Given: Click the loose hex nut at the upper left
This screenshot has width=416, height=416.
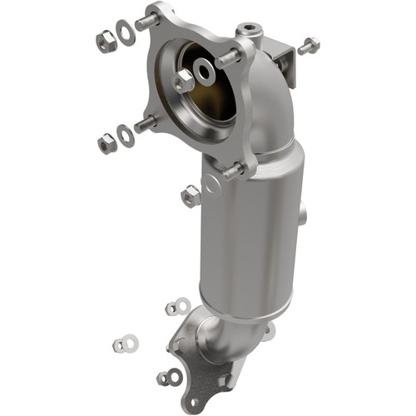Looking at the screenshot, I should pyautogui.click(x=106, y=41).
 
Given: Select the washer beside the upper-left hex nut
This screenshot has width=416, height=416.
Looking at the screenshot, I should pyautogui.click(x=126, y=33).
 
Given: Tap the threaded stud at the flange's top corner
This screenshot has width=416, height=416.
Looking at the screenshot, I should pyautogui.click(x=149, y=21).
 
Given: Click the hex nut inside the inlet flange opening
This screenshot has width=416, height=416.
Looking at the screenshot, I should pyautogui.click(x=184, y=81).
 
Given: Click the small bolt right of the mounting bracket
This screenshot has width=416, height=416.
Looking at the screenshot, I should pyautogui.click(x=307, y=46).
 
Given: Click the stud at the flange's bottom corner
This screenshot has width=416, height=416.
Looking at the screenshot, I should pyautogui.click(x=234, y=171).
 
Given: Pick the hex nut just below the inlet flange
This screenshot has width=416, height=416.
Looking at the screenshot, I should pyautogui.click(x=191, y=196).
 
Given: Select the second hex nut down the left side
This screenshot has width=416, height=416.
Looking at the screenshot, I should pyautogui.click(x=106, y=144).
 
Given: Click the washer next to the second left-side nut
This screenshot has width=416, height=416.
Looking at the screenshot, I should pyautogui.click(x=126, y=136).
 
